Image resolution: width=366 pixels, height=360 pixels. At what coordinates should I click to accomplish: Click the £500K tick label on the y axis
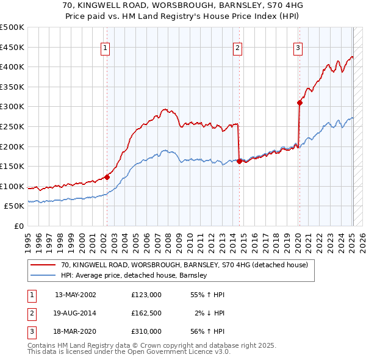pyautogui.click(x=12, y=27)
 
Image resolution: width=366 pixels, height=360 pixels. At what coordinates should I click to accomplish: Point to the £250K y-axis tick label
pyautogui.click(x=12, y=126)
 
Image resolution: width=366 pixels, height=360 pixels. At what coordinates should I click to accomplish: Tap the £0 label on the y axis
pyautogui.click(x=19, y=226)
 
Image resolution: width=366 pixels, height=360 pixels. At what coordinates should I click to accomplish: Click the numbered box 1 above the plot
pyautogui.click(x=106, y=49)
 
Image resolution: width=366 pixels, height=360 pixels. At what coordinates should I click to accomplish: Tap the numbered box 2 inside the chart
pyautogui.click(x=237, y=49)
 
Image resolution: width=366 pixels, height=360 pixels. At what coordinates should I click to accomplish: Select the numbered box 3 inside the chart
pyautogui.click(x=298, y=49)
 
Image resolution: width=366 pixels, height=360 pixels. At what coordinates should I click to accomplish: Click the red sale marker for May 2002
pyautogui.click(x=107, y=177)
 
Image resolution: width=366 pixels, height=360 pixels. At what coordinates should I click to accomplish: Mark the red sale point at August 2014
pyautogui.click(x=239, y=161)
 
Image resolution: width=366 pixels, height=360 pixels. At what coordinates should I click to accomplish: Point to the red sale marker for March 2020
pyautogui.click(x=300, y=103)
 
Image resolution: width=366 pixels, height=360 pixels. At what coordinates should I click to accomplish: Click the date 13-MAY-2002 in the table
pyautogui.click(x=76, y=295)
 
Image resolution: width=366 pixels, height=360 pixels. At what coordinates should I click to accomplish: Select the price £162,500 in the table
pyautogui.click(x=146, y=313)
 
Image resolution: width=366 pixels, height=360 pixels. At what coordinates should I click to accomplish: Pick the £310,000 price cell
pyautogui.click(x=146, y=331)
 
